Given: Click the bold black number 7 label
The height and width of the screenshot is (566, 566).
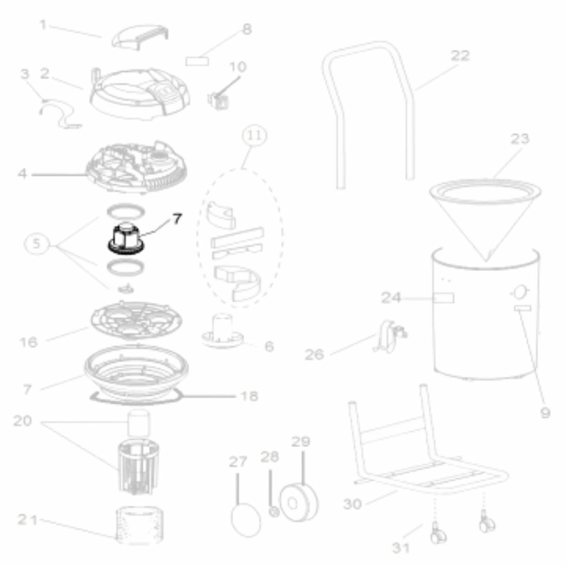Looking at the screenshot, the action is pos(177,218).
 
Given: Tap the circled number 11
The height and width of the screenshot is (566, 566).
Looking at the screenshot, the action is pos(255,135).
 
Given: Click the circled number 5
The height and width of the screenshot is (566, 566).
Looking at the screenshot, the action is pos(36,243).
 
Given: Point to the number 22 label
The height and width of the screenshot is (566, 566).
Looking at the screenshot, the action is pos(460,55).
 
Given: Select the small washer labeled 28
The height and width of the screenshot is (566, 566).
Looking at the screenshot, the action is pos(274,512).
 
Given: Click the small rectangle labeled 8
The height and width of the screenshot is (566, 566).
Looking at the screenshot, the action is pos(197,61).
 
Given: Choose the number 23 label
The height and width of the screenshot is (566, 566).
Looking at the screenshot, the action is pos(520,139).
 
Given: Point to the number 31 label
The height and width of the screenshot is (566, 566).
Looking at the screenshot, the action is pos(401,547).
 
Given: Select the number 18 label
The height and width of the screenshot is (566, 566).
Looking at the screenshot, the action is pos(249,396).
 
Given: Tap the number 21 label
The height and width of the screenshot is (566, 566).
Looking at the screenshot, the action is pos(27,520).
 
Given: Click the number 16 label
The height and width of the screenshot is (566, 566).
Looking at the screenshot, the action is pos(28,342).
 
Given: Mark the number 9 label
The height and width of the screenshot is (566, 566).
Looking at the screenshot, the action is pos(545,412).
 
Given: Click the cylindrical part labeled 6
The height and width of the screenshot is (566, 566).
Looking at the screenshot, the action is pos(222,331).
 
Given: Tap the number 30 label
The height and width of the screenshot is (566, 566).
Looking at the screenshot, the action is pos(352,504).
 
